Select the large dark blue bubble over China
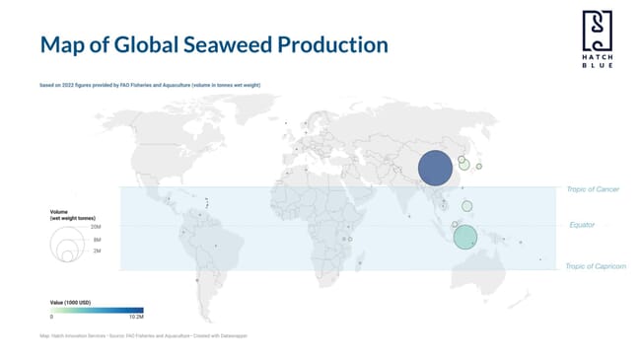[434, 168]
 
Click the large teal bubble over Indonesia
[465, 237]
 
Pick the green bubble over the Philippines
[467, 206]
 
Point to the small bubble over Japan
[478, 166]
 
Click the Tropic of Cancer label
[593, 188]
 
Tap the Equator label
[582, 226]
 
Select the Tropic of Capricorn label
[596, 266]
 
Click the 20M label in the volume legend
[97, 227]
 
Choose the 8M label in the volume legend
[97, 240]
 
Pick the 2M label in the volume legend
[97, 252]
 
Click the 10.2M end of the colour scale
[137, 318]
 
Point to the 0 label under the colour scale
[51, 318]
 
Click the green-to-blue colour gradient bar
[97, 309]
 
